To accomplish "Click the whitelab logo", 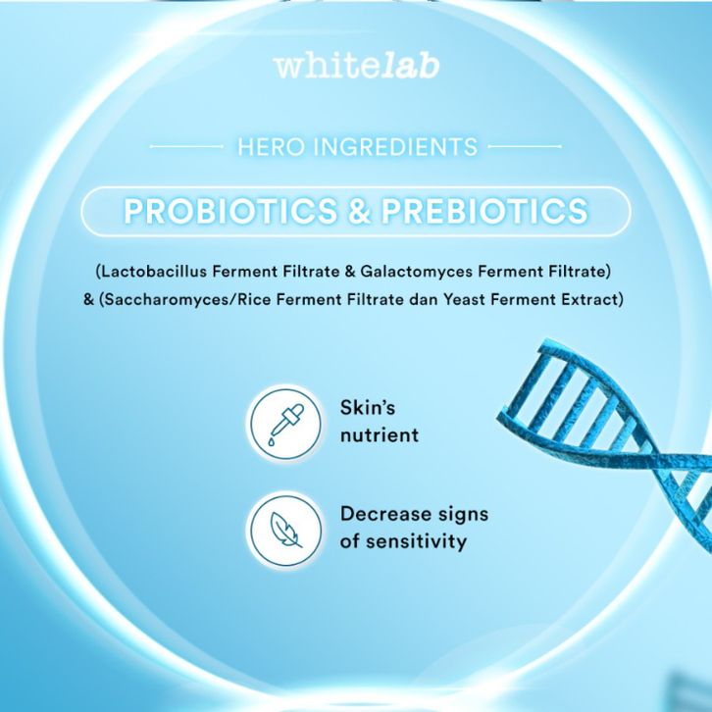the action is pos(356,67).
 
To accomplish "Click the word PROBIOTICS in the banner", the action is pos(230,211).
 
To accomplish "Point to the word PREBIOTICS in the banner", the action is pos(484,211).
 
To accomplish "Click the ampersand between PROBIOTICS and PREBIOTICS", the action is pos(359,211).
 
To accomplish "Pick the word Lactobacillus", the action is pos(154,272).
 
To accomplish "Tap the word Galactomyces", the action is pos(417,272).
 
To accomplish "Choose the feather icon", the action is pos(285,530).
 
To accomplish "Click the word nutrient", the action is pos(380,435).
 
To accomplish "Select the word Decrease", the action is pos(385,514).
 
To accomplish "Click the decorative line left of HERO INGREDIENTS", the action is pos(186,147).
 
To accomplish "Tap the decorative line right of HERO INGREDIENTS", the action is pos(525,147).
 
